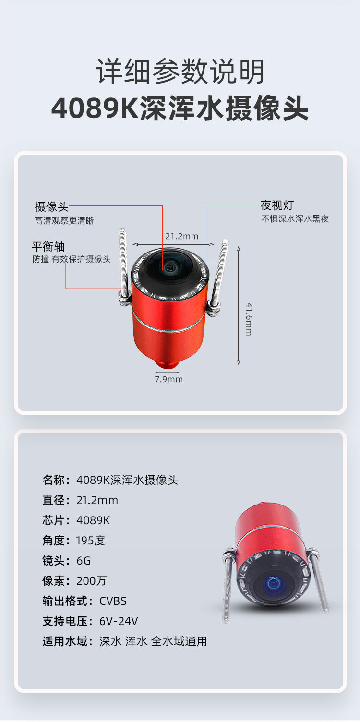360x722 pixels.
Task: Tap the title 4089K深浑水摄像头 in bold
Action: pos(180,109)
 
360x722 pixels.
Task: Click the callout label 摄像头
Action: pos(51,207)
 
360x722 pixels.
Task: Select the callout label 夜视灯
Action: pos(277,206)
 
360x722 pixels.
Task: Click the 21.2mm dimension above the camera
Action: pos(181,236)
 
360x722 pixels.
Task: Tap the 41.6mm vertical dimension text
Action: pos(249,319)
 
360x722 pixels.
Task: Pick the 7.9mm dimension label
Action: pos(168,379)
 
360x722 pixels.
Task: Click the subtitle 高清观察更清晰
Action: pos(64,221)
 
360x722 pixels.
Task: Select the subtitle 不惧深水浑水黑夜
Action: pos(295,219)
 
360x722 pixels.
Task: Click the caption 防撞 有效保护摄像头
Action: pos(72,259)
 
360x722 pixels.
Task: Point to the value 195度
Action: pos(90,541)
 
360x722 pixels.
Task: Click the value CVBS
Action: pos(113,601)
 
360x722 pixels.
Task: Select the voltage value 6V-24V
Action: pos(119,621)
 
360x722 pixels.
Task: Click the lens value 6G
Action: pos(84,561)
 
